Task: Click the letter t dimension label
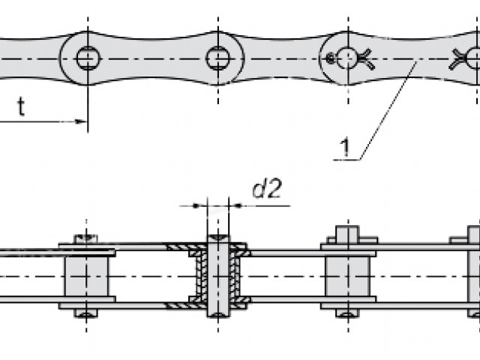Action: [21, 106]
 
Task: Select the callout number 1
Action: [345, 147]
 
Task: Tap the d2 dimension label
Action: [266, 189]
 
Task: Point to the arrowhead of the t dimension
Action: [81, 121]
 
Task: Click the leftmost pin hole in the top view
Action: [88, 58]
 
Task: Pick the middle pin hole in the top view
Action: [218, 58]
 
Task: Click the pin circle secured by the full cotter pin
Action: [347, 58]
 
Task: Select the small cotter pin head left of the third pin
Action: [331, 58]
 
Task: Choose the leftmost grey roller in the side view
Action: [87, 277]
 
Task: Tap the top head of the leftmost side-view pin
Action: [86, 238]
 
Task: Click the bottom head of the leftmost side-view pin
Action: [86, 313]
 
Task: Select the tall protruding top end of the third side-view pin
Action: [348, 234]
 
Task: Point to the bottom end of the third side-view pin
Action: [348, 313]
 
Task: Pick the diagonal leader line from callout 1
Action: [388, 110]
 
